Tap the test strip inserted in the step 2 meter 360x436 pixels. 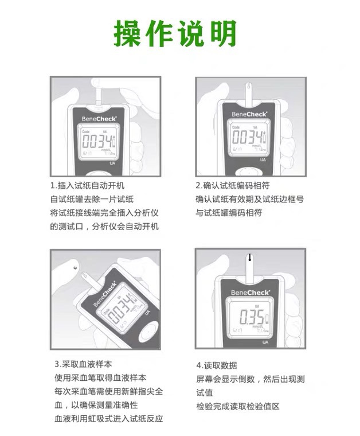click(x=249, y=94)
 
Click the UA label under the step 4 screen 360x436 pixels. click(x=265, y=342)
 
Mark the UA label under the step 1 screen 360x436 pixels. click(x=114, y=163)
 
